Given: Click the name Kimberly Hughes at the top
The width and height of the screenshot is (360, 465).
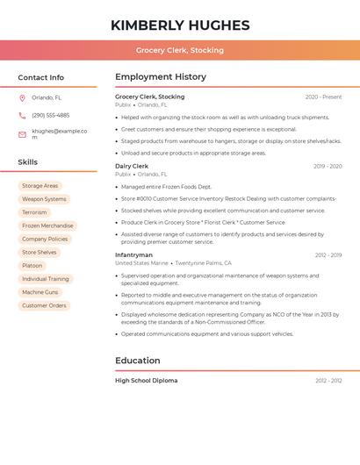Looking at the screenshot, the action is (180, 25).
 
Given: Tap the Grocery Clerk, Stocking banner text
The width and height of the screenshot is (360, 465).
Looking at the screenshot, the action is (180, 50).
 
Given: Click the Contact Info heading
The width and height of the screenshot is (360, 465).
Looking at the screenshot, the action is (41, 77).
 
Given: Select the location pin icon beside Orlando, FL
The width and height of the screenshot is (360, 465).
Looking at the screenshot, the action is (22, 98).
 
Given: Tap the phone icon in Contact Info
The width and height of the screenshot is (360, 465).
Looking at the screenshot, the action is (22, 115).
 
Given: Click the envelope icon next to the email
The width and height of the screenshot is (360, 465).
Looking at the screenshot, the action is (22, 133).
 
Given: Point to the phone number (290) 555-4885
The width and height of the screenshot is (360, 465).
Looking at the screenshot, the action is (50, 115).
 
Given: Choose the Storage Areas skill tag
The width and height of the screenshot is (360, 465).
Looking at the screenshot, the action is (40, 186).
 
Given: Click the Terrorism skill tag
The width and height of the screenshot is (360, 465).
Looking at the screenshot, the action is (34, 212).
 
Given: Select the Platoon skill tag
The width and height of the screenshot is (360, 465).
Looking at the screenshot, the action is (32, 266).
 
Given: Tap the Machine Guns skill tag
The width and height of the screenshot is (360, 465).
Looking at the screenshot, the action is (40, 292).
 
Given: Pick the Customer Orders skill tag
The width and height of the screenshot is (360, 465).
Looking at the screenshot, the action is (44, 305).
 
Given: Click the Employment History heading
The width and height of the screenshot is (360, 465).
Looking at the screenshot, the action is (161, 77).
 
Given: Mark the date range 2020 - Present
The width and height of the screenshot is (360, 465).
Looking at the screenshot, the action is (323, 97).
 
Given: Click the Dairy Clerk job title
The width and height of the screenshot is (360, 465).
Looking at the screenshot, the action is (132, 166).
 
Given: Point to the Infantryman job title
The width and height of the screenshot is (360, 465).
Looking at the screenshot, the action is (134, 255).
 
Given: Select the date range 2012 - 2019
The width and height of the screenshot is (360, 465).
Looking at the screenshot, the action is (328, 255).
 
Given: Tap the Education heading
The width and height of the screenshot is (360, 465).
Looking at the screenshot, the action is (138, 361).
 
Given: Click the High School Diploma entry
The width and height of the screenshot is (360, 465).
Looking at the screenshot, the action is (146, 381).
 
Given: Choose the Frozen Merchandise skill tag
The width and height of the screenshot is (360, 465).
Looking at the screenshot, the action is (47, 225).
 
